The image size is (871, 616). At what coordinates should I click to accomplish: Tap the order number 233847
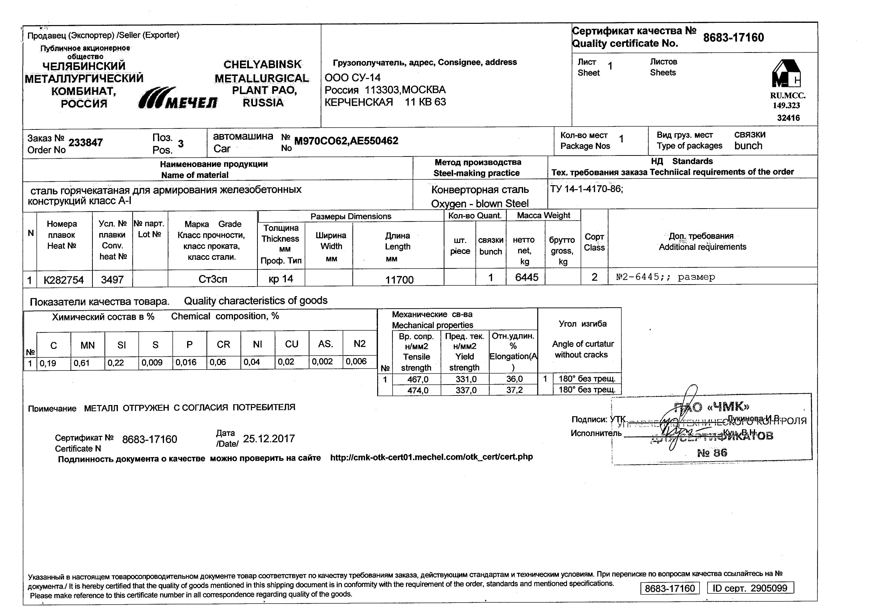[x=85, y=143]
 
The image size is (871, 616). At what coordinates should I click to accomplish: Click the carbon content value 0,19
[x=48, y=363]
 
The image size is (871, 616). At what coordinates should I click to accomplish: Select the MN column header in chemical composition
[x=87, y=345]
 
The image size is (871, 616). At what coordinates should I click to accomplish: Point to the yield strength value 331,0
[x=466, y=379]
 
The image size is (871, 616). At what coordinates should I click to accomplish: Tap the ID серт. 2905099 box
[x=750, y=588]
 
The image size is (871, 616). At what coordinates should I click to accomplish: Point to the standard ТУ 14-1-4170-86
[x=586, y=189]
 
